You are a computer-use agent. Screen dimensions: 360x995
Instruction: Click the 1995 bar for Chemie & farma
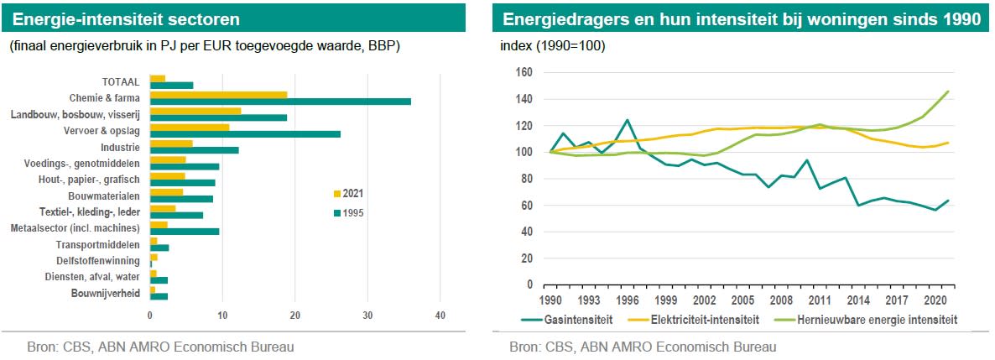[x=280, y=102]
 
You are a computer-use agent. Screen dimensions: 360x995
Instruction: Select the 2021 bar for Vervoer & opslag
[x=190, y=128]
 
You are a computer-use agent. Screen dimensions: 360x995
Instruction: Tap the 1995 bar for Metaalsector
[x=185, y=231]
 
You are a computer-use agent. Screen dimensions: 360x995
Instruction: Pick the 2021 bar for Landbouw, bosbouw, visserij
[x=195, y=111]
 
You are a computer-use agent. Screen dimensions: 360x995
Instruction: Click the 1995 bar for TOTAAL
[x=171, y=85]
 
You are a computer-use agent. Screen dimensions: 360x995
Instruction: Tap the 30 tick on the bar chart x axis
[x=367, y=315]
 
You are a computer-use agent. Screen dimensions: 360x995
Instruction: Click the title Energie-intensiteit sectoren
[x=126, y=18]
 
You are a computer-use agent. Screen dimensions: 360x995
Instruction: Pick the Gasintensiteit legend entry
[x=570, y=320]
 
